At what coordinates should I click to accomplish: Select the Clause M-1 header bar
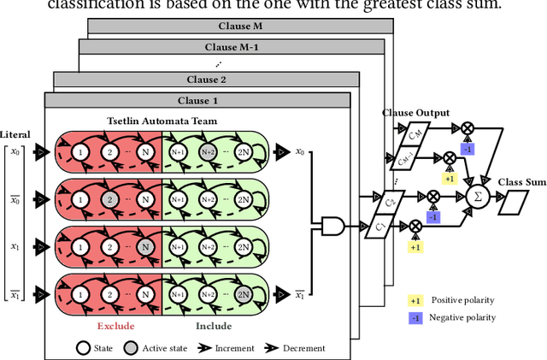tap(229, 46)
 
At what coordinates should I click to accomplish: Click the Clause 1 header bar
tap(197, 100)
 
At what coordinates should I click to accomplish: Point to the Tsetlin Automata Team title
tap(162, 121)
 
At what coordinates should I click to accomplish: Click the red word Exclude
tap(115, 325)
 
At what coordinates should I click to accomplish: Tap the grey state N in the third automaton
tap(145, 247)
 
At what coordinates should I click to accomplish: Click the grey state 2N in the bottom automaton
tap(244, 294)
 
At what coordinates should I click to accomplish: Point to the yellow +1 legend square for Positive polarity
tap(416, 300)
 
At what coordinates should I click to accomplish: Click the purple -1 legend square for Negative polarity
tap(416, 317)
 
